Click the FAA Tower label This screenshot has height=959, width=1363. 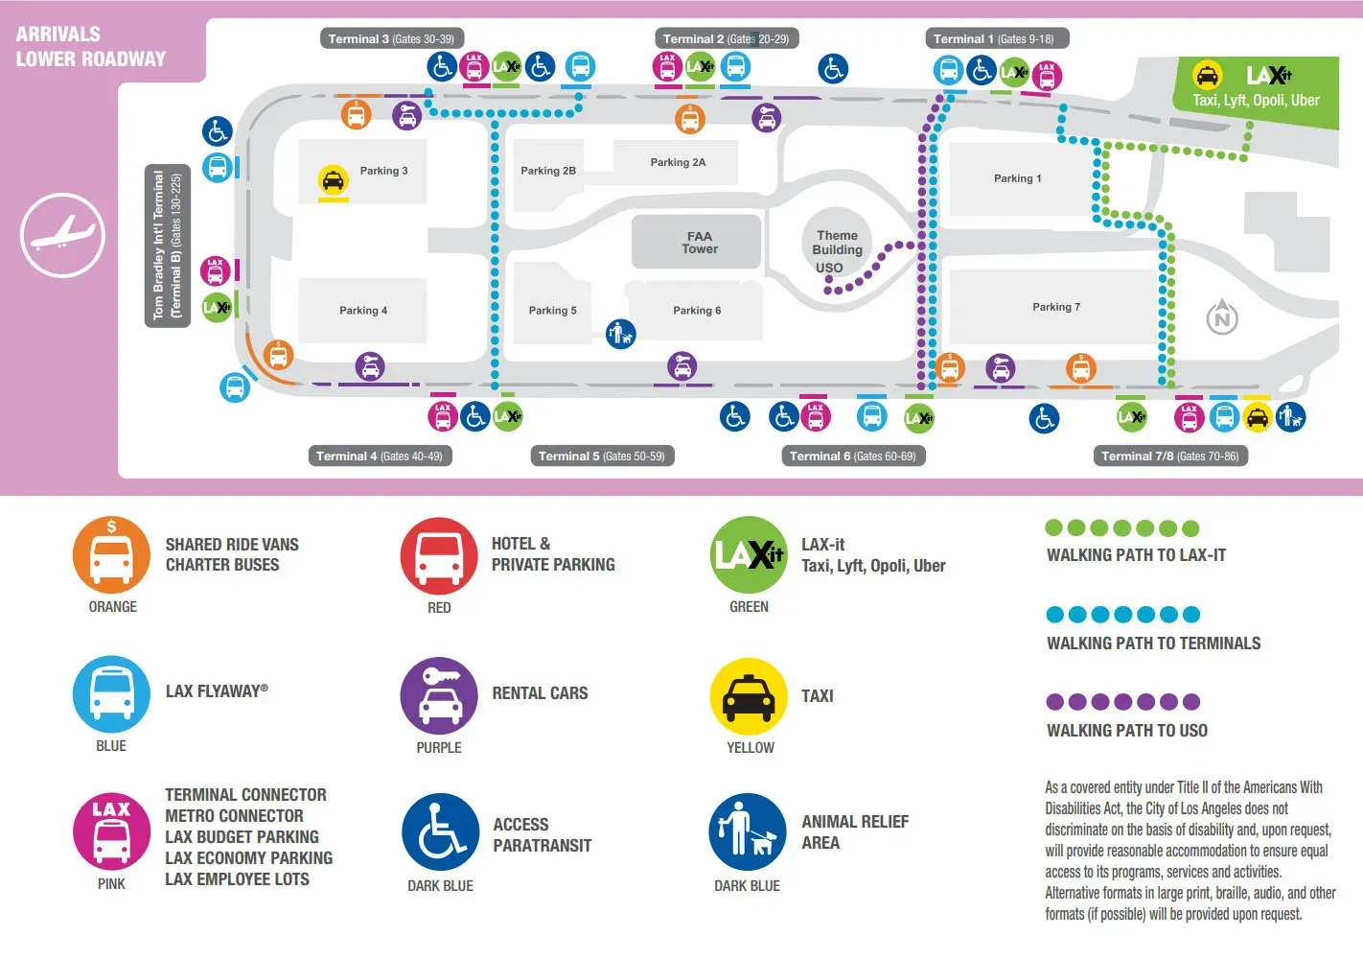coord(699,243)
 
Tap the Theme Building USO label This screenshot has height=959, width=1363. coord(837,250)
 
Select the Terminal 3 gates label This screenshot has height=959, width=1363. coord(391,39)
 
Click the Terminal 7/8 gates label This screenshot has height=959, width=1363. coord(1170,456)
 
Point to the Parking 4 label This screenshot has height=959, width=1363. coord(363,311)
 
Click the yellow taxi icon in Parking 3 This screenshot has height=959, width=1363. coord(333,179)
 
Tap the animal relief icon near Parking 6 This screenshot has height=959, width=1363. coord(621,334)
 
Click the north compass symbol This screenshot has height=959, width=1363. coord(1222,317)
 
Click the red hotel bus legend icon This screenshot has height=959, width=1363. coord(439,556)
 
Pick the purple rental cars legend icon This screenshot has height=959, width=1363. coord(439,695)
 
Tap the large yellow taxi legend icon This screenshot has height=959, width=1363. coord(749,696)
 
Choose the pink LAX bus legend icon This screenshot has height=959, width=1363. coord(111,831)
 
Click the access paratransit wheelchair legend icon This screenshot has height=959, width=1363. coord(440,832)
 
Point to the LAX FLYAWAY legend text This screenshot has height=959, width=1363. coord(217,691)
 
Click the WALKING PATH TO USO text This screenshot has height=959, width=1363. coord(1127,731)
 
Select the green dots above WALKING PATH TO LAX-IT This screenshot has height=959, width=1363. coord(1121,527)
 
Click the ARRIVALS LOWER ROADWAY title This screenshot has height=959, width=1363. coord(91,46)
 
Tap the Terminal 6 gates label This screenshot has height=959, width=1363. coord(852,456)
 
